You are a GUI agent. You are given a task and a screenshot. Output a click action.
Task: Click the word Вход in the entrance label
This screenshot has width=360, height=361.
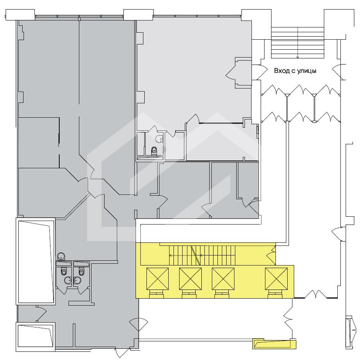tap(282, 71)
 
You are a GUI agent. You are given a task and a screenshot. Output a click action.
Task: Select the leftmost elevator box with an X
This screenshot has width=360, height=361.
tap(157, 279)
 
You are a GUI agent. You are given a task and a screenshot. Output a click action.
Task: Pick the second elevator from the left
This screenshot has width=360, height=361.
tap(190, 279)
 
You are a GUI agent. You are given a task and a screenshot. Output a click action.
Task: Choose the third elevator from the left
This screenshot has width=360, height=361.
tap(223, 279)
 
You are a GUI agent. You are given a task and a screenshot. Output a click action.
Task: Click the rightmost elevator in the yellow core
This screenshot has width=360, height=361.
tap(276, 279)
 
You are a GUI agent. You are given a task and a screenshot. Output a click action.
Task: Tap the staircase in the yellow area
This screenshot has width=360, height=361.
tap(202, 255)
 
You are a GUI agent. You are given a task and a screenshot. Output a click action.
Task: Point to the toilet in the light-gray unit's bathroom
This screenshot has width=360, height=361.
tap(154, 151)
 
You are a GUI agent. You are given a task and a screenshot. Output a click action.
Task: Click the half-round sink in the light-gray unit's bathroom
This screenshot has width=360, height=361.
tap(159, 139)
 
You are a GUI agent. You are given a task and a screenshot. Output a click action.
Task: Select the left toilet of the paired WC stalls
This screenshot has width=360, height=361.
tap(64, 271)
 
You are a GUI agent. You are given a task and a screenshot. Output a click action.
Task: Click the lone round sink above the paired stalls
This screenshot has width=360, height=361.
tap(61, 256)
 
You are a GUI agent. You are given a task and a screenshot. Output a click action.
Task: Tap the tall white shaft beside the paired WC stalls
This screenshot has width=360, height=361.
tap(35, 261)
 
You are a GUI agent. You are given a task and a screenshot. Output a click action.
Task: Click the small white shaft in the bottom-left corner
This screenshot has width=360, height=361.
tap(36, 337)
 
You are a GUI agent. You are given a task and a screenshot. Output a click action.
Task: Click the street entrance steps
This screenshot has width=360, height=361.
tap(298, 43)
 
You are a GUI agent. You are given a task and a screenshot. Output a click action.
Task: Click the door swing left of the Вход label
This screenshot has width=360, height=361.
tap(258, 72)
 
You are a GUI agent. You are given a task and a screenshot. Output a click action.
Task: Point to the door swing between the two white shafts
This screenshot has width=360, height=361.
tap(41, 313)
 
